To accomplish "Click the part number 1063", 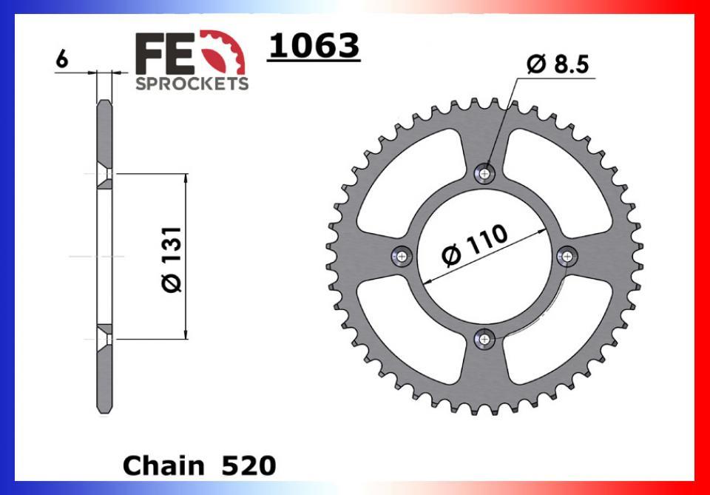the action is click(x=314, y=46).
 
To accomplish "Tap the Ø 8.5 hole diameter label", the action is click(x=558, y=64).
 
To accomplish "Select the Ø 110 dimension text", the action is click(x=475, y=244).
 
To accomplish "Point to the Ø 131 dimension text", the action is click(x=172, y=260).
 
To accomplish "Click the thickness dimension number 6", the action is click(x=62, y=60).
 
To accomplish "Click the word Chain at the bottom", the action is click(x=163, y=465).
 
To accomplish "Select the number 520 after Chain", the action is click(x=248, y=465).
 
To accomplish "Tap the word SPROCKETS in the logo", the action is click(x=192, y=84).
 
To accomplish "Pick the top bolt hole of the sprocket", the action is click(x=484, y=173).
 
